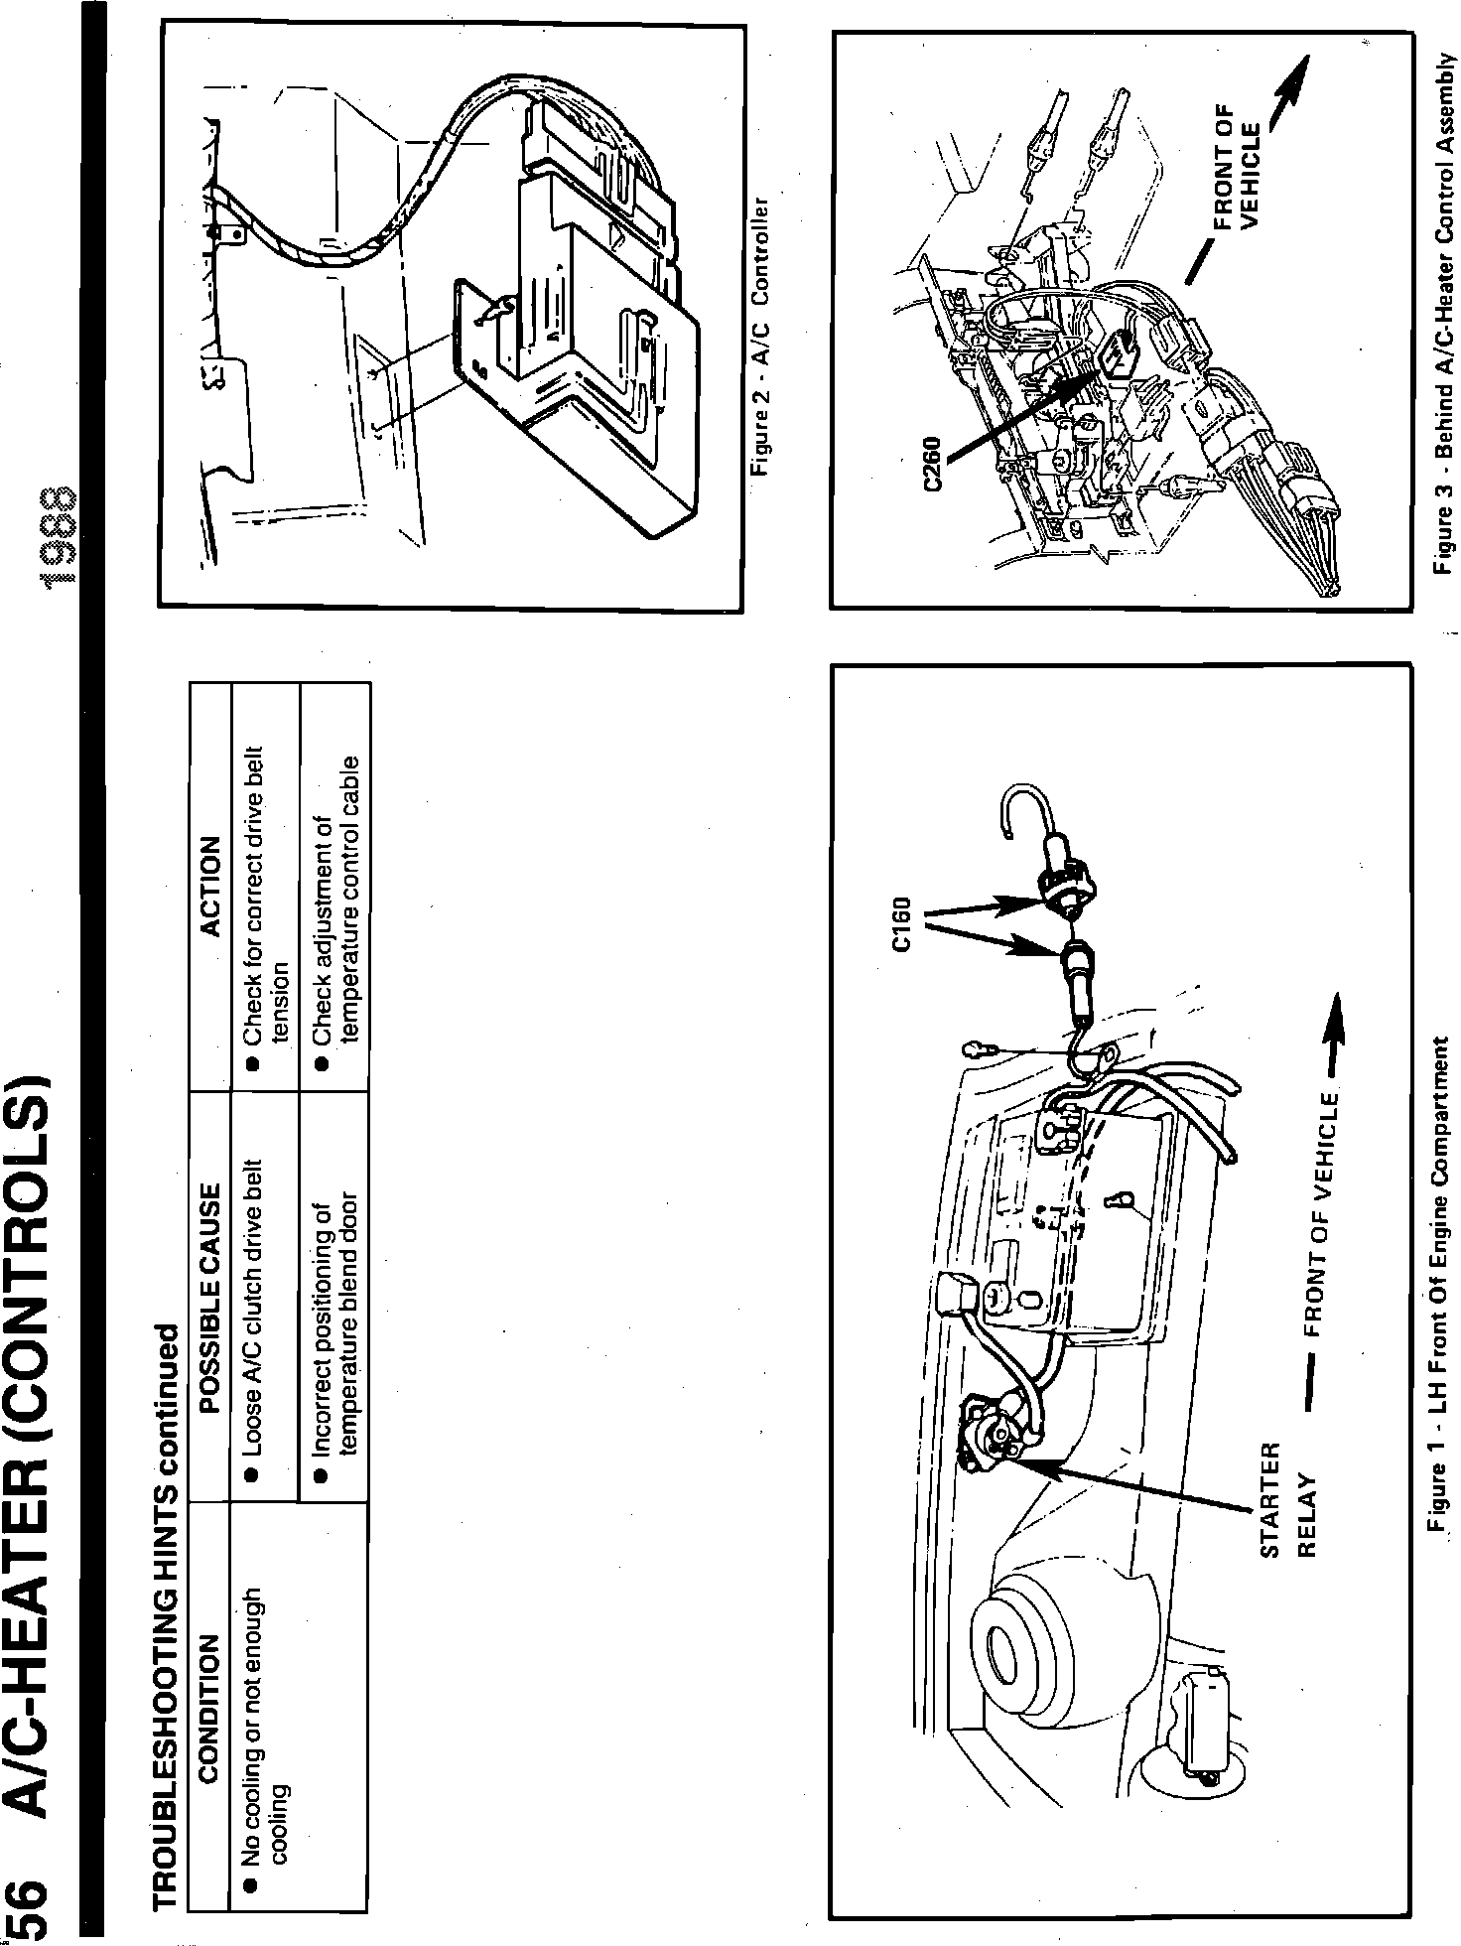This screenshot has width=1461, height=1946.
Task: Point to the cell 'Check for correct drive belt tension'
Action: pyautogui.click(x=265, y=894)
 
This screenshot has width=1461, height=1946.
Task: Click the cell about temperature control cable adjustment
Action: pyautogui.click(x=333, y=894)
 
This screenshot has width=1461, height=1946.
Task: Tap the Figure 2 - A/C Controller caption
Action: pyautogui.click(x=763, y=337)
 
